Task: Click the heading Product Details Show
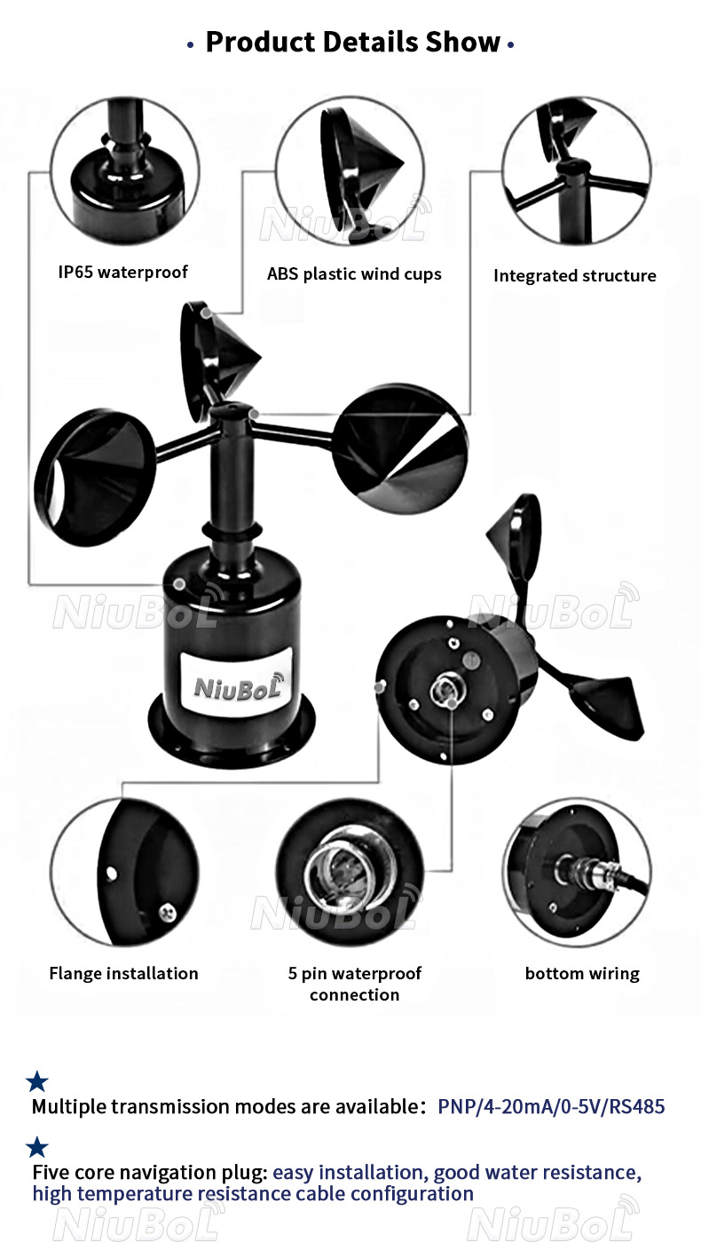(x=352, y=42)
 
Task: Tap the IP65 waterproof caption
(x=123, y=273)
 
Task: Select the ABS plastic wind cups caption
(x=354, y=274)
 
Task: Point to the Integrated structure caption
(x=575, y=276)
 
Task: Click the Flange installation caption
(x=123, y=973)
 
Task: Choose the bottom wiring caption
(x=582, y=973)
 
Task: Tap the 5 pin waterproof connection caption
(x=355, y=984)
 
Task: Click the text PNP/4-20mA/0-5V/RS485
(x=551, y=1106)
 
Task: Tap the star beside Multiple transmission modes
(x=37, y=1081)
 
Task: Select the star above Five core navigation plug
(x=37, y=1147)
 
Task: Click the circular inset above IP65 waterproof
(x=124, y=170)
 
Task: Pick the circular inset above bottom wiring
(x=577, y=872)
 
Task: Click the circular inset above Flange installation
(x=124, y=872)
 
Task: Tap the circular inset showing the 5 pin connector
(x=350, y=872)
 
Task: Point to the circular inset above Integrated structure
(x=577, y=170)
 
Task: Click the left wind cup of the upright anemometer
(x=94, y=478)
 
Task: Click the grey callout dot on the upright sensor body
(x=179, y=584)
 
